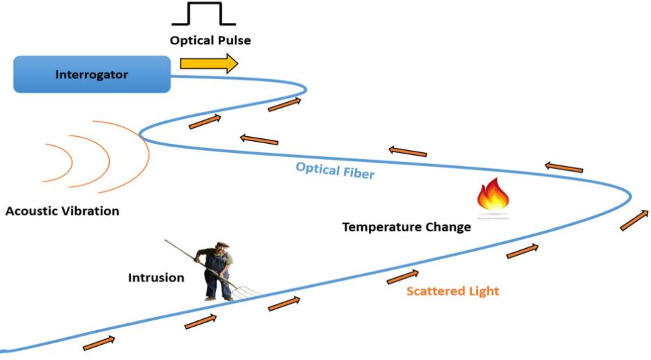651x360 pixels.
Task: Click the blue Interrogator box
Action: pyautogui.click(x=92, y=74)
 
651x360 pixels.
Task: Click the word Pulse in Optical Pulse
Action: pyautogui.click(x=233, y=40)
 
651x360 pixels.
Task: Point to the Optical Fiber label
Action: pyautogui.click(x=334, y=170)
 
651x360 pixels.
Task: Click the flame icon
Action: pyautogui.click(x=493, y=196)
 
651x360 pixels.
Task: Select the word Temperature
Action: pyautogui.click(x=380, y=227)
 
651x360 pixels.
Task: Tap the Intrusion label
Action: pyautogui.click(x=156, y=277)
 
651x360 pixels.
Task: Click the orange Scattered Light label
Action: pyautogui.click(x=452, y=291)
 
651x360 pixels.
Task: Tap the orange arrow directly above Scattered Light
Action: pyautogui.click(x=403, y=276)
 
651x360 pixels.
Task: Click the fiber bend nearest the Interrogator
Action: pyautogui.click(x=304, y=88)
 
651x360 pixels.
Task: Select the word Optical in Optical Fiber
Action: pyautogui.click(x=316, y=168)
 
